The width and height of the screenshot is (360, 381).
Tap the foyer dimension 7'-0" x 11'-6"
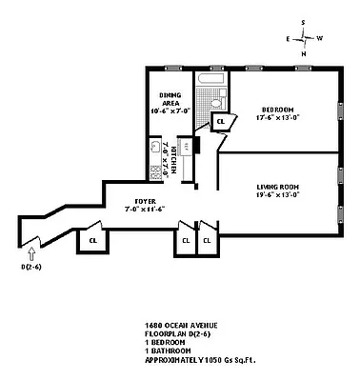tap(145, 209)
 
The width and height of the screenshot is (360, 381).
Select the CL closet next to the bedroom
tap(220, 121)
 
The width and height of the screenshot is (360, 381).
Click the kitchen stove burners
tap(154, 170)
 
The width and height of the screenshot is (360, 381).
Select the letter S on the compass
tap(303, 21)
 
